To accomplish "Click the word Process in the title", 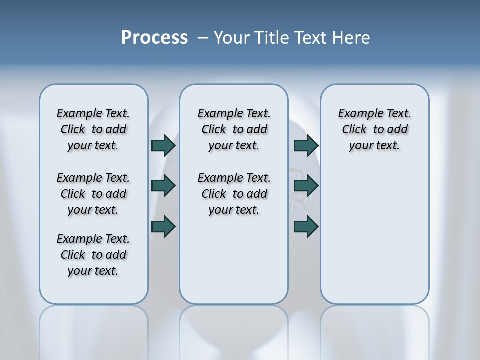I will point(154,38).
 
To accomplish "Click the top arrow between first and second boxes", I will point(163,145).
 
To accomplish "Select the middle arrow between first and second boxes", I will point(163,186).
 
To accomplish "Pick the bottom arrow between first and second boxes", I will point(163,227).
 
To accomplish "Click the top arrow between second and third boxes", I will point(306,145).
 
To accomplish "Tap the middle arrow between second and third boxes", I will point(306,186).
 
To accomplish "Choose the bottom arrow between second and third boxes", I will point(306,227).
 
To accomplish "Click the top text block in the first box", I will point(93,129).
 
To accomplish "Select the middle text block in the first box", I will point(93,194).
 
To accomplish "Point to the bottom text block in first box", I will point(93,255).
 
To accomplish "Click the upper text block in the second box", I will point(234,129).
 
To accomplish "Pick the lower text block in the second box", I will point(234,194).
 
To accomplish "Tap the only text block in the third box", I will point(375,129).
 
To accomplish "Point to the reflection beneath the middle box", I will point(234,330).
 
